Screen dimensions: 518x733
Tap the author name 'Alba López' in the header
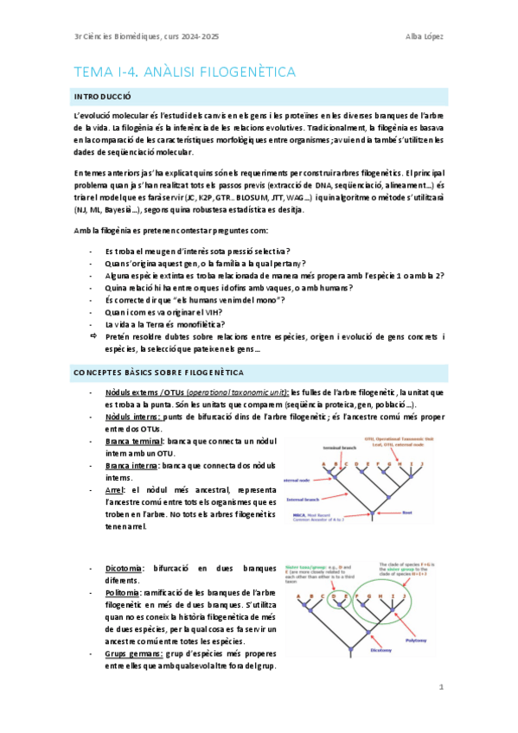pyautogui.click(x=424, y=36)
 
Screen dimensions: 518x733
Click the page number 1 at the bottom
pyautogui.click(x=440, y=688)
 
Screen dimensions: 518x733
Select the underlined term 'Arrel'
pyautogui.click(x=114, y=490)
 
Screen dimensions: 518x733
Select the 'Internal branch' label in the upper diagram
pyautogui.click(x=305, y=499)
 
